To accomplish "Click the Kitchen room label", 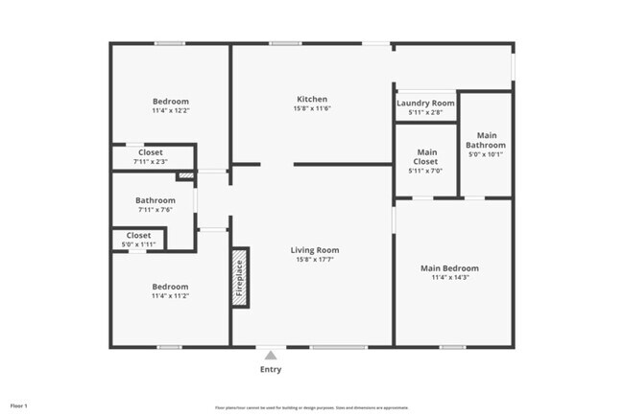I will tap(312, 99).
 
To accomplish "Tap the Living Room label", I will tap(315, 250).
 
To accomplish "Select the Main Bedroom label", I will tap(449, 268).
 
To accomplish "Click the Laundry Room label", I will tap(425, 103).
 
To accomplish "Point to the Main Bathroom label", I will tap(486, 140).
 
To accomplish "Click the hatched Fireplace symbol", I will tap(239, 278).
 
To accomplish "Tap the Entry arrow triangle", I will tap(271, 354).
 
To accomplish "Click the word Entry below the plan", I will tap(271, 369).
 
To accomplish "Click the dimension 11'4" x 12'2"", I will tap(170, 111).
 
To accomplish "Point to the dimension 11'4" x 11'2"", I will tap(170, 297).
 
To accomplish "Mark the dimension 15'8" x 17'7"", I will tap(315, 260).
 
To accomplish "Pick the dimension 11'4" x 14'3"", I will tap(449, 278).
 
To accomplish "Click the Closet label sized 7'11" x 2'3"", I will tap(151, 152).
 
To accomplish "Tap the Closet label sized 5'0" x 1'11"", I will tap(138, 235).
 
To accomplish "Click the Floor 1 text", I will tap(19, 406).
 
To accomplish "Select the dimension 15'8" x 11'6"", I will tap(312, 108).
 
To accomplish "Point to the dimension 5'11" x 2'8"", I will tap(425, 112).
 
